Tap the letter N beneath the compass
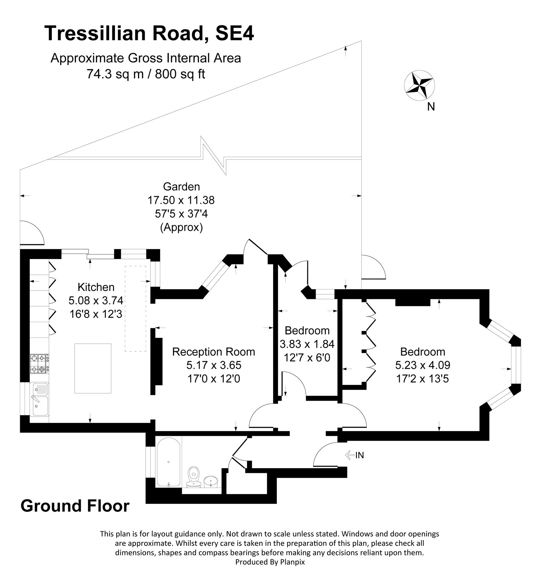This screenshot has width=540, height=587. [x=431, y=107]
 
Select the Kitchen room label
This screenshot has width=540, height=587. [x=96, y=287]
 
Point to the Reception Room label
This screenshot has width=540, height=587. [x=214, y=352]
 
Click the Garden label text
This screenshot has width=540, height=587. [x=181, y=187]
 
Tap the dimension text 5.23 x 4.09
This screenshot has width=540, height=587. [x=423, y=365]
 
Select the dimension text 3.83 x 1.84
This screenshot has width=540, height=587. [x=307, y=344]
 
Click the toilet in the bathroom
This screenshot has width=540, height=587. [x=193, y=477]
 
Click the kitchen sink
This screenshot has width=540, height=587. [x=40, y=399]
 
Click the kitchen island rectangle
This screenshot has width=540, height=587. [x=93, y=368]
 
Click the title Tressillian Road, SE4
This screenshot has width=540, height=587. [x=149, y=33]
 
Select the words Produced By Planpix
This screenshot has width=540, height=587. [x=270, y=562]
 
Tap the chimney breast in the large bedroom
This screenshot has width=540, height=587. [x=413, y=302]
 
